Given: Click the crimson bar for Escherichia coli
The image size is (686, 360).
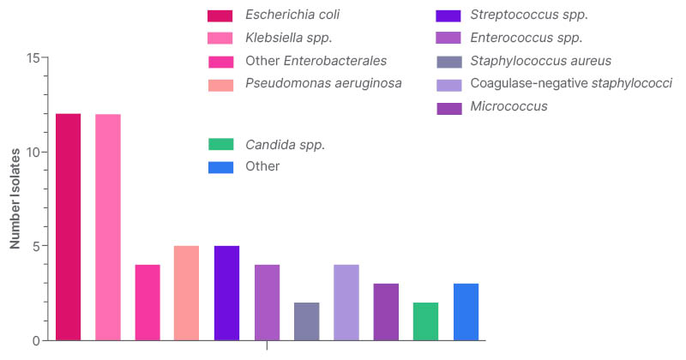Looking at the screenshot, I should [68, 227].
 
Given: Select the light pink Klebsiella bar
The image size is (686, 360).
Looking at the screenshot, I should [108, 227].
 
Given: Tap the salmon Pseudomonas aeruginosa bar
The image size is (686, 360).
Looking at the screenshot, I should [187, 293].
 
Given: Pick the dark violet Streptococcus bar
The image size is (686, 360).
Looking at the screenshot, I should [226, 293].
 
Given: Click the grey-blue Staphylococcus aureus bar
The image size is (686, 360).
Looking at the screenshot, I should [306, 321].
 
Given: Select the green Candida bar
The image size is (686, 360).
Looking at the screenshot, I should [425, 321].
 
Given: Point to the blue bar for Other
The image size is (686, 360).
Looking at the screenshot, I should [466, 312].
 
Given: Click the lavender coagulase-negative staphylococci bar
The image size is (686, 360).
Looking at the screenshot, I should [346, 303].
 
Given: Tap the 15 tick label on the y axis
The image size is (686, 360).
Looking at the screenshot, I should [33, 58].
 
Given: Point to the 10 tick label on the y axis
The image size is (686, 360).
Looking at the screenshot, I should [33, 153].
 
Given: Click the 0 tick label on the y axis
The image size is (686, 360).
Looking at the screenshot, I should [36, 340].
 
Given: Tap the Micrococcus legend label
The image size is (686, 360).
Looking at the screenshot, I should [508, 107].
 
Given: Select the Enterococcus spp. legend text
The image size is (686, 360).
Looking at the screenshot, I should [527, 38].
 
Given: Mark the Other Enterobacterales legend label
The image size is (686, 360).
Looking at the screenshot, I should [316, 61].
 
